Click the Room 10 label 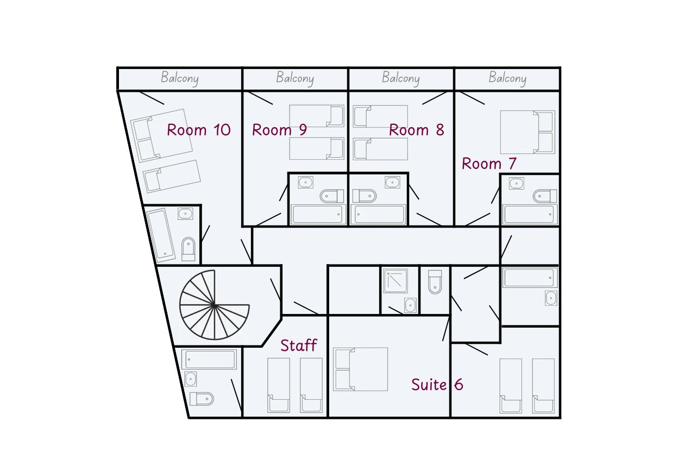(x=198, y=130)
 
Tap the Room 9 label (x=279, y=130)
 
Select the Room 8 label (x=417, y=130)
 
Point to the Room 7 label (x=489, y=164)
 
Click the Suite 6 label (x=437, y=385)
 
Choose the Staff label (x=298, y=346)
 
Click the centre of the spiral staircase (x=214, y=305)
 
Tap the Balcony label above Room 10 (x=179, y=78)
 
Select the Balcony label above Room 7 (x=507, y=78)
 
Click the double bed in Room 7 (x=528, y=132)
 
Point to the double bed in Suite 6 (x=360, y=369)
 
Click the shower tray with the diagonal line (x=395, y=281)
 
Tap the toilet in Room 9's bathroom (x=332, y=196)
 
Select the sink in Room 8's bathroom (x=392, y=182)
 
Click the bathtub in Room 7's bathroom (x=530, y=215)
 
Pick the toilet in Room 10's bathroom (x=189, y=249)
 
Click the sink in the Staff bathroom (x=190, y=379)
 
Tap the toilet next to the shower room (x=435, y=282)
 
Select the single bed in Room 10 (x=172, y=176)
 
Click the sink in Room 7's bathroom (x=516, y=184)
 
